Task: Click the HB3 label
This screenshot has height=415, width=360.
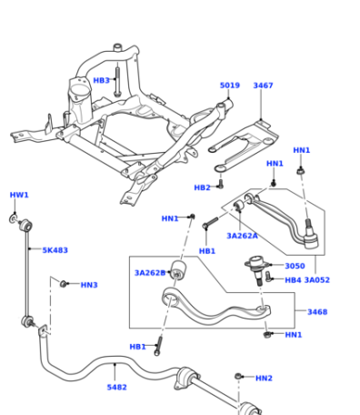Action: tap(101, 80)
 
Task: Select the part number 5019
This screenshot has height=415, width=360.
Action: tap(230, 86)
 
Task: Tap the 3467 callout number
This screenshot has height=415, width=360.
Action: tap(263, 86)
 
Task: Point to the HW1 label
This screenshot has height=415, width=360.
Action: tap(19, 195)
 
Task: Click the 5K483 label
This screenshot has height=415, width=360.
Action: tap(55, 250)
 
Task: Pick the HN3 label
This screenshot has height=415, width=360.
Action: tap(89, 285)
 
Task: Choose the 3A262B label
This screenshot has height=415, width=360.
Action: tap(150, 273)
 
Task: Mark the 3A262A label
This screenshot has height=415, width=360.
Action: tap(242, 236)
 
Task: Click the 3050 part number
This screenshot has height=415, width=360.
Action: tap(295, 266)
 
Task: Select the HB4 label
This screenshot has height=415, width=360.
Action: tap(293, 279)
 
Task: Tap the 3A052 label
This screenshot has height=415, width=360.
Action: tap(317, 279)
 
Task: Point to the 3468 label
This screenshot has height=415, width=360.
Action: tap(317, 311)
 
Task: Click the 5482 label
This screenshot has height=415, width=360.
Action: tap(116, 387)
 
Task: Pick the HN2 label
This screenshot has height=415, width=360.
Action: tap(264, 378)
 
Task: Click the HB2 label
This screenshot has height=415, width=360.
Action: tap(202, 187)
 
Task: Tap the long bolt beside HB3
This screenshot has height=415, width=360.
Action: tap(117, 81)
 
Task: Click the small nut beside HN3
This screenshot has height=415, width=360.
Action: tap(63, 284)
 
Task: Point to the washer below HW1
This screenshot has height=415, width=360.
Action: tap(13, 218)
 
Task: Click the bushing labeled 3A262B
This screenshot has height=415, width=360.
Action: tap(178, 269)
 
